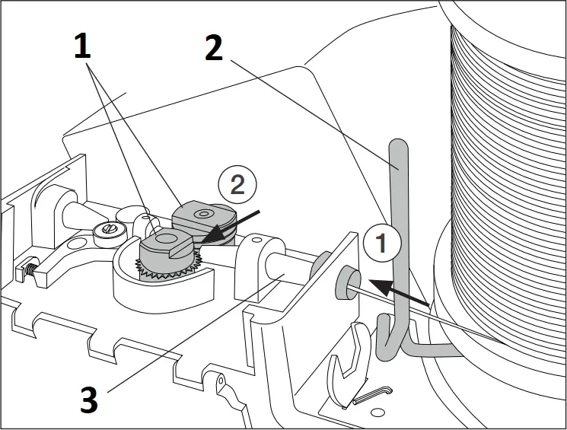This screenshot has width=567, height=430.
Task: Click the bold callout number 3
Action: coord(89,399)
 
